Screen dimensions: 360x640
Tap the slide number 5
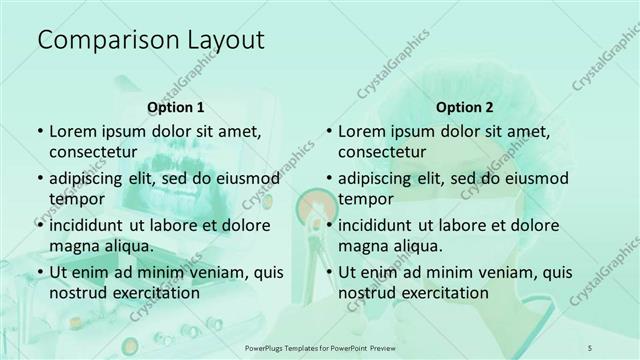coord(590,346)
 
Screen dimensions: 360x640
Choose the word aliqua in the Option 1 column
coord(127,245)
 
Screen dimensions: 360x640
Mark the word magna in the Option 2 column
coord(362,245)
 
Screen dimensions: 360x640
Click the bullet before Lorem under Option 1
coord(39,131)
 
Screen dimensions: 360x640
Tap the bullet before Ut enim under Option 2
coord(328,272)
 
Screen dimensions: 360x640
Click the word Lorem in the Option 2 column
coord(362,131)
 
